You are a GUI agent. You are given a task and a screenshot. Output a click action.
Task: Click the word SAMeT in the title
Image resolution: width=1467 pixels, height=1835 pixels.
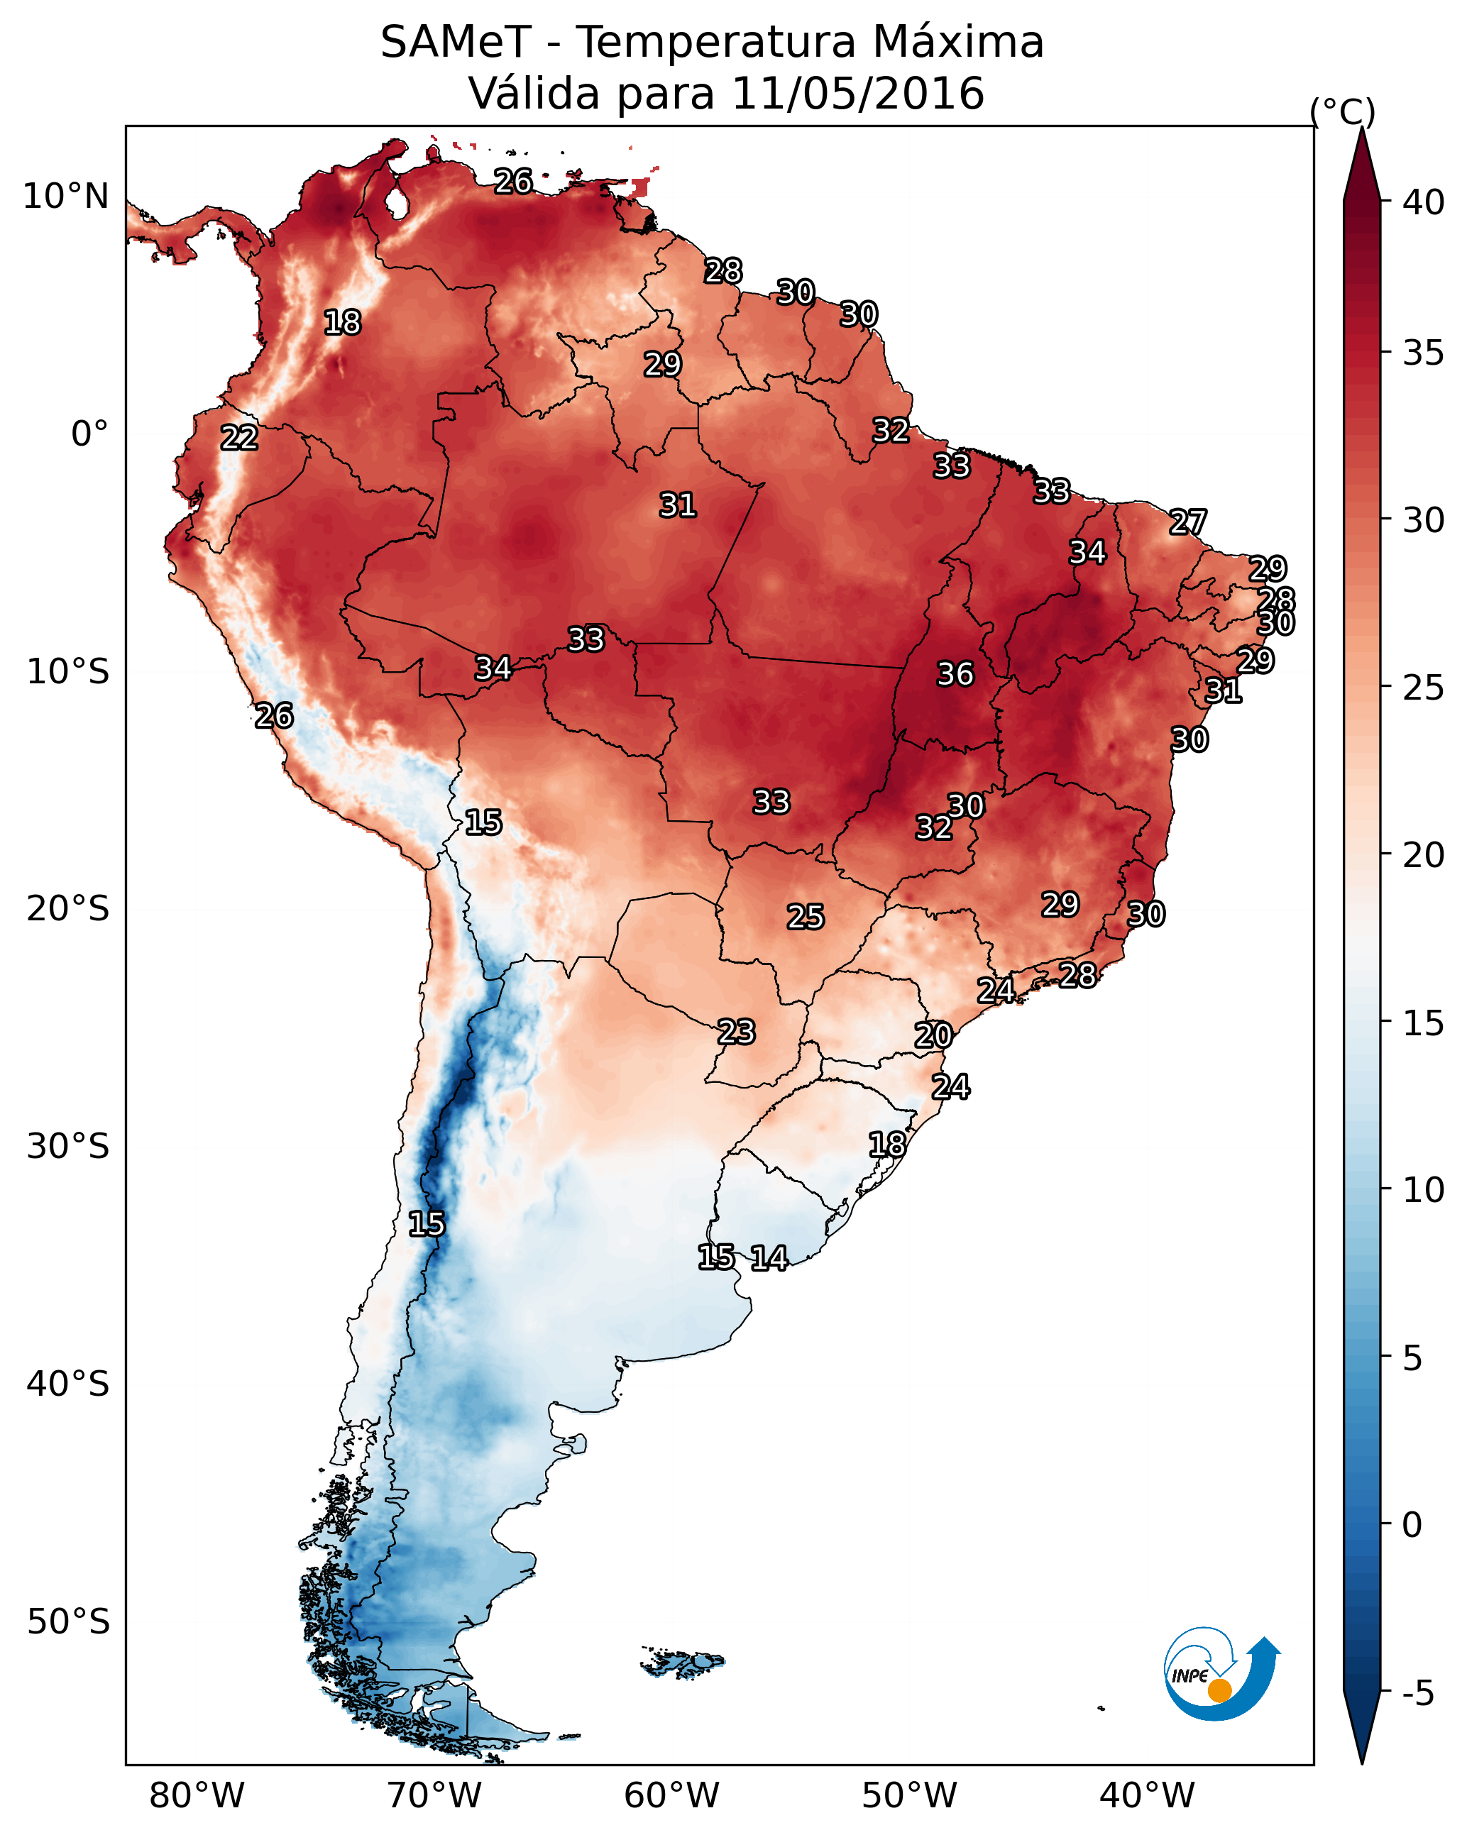456,43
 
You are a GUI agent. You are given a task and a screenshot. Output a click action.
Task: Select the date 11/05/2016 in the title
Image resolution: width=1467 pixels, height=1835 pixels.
857,94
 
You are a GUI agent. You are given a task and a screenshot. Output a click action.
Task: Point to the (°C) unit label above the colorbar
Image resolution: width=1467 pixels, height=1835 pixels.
1342,112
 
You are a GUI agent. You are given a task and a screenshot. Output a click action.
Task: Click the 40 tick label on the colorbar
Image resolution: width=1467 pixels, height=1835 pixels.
1424,202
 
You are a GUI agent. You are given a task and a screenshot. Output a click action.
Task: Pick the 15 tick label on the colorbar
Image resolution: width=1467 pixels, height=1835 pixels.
1424,1023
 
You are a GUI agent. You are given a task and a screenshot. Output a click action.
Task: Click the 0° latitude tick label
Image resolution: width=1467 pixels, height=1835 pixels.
90,434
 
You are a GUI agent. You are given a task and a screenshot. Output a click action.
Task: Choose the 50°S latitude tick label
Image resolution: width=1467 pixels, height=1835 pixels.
68,1622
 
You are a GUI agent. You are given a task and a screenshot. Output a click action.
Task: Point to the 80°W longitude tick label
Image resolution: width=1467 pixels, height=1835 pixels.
197,1795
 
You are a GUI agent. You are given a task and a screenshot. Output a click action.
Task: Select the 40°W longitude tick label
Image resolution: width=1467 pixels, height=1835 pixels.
1147,1795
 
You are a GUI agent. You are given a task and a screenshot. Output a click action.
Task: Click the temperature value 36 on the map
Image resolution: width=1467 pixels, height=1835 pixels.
955,674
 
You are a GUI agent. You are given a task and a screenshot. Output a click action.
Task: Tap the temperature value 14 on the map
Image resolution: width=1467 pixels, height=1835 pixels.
769,1258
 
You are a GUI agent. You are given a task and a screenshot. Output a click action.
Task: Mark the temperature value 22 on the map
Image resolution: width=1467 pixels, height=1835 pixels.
239,439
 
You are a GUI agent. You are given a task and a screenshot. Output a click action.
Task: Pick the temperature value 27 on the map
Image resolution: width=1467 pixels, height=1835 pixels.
1188,522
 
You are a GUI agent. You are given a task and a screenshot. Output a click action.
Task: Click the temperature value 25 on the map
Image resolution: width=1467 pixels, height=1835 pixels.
806,917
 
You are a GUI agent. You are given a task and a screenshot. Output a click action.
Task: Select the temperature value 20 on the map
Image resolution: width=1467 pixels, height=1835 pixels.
933,1036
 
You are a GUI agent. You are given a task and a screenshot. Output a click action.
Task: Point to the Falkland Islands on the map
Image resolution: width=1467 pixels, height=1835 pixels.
683,1660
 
